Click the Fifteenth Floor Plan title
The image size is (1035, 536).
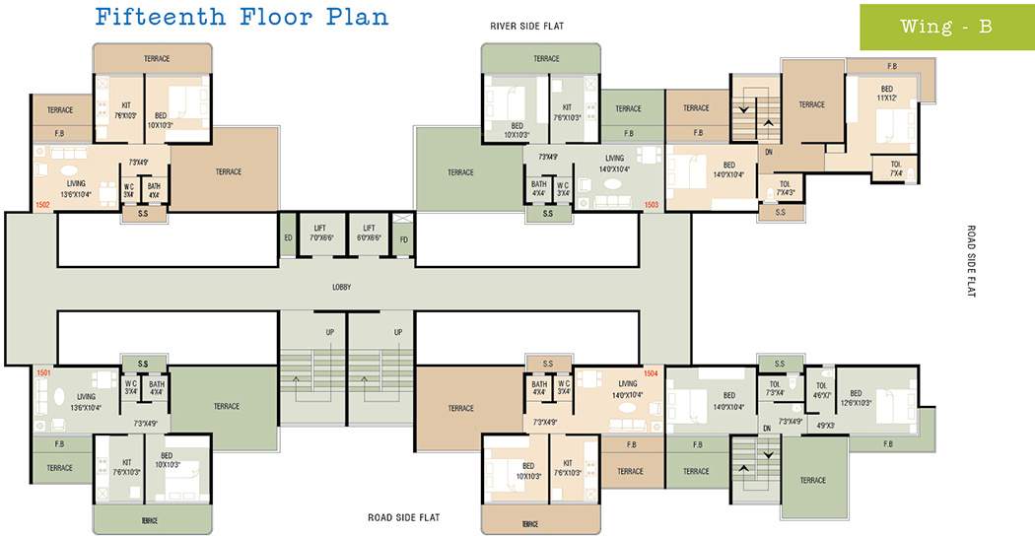[241, 17]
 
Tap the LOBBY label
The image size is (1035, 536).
[341, 287]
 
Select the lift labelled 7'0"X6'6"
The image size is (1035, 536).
[319, 233]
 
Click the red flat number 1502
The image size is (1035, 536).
[42, 205]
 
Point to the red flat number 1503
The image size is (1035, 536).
[651, 205]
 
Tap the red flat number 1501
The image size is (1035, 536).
[42, 373]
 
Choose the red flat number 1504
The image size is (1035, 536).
[651, 373]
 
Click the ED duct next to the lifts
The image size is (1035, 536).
[288, 237]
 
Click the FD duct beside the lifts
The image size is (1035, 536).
[402, 237]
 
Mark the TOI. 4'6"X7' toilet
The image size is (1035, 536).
[821, 390]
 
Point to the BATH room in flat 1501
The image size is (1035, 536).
[156, 387]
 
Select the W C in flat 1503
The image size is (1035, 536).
[563, 188]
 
